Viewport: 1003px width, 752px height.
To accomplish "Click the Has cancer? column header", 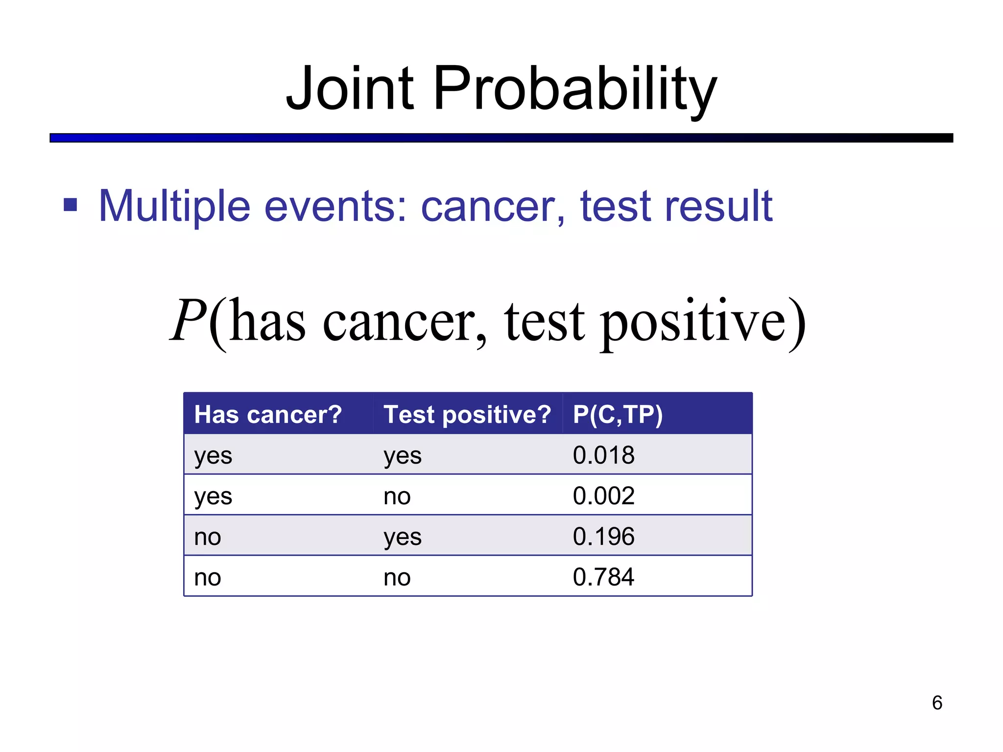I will tap(268, 414).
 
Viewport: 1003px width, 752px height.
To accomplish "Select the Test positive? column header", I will tap(467, 414).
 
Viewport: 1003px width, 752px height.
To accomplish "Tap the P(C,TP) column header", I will tap(618, 414).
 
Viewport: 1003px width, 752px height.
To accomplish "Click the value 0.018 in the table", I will tap(603, 455).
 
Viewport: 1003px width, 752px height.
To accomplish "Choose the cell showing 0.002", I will tap(603, 495).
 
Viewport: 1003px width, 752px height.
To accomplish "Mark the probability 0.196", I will tap(603, 536).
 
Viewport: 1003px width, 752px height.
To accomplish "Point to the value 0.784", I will tap(603, 577).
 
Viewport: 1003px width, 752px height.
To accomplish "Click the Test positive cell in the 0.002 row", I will tap(397, 496).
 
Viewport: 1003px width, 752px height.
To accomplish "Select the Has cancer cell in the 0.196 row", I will tap(208, 537).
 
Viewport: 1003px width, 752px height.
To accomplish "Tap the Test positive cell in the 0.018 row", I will tap(402, 456).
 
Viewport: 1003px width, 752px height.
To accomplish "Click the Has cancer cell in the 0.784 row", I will tap(208, 578).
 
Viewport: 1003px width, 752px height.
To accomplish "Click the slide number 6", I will tap(937, 703).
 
